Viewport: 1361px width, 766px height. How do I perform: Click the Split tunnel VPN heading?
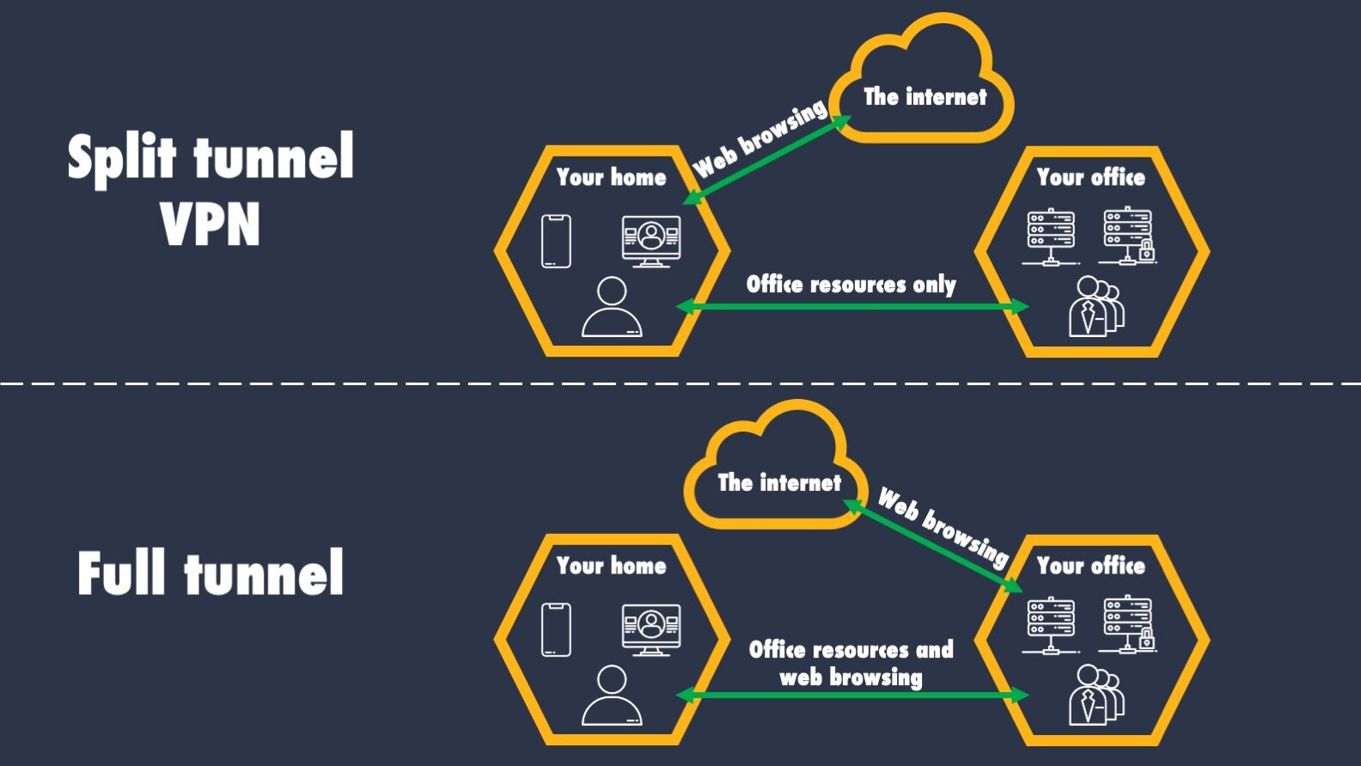[211, 189]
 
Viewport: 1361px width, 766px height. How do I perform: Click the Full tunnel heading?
[211, 573]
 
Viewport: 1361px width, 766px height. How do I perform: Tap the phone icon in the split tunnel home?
[556, 242]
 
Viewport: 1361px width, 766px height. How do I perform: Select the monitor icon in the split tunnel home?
[651, 241]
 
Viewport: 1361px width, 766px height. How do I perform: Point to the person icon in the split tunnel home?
[611, 308]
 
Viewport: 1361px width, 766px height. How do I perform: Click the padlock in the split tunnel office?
[1146, 252]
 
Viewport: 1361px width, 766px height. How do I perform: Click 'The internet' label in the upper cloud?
[925, 97]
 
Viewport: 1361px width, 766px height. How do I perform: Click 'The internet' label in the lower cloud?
[779, 483]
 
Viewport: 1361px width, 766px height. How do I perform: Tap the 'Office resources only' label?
[851, 285]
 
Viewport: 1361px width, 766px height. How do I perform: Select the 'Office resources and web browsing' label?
[851, 663]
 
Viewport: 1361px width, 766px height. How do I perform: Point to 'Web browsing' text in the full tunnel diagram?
[943, 526]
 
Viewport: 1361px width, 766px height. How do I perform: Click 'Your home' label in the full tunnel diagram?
[611, 566]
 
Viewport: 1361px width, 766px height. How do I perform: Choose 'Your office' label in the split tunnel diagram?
[1090, 177]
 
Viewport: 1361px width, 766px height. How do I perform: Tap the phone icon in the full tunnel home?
[556, 629]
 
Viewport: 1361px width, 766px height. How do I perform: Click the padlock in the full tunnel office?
[1146, 640]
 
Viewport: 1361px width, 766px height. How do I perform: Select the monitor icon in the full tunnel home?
[651, 628]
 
